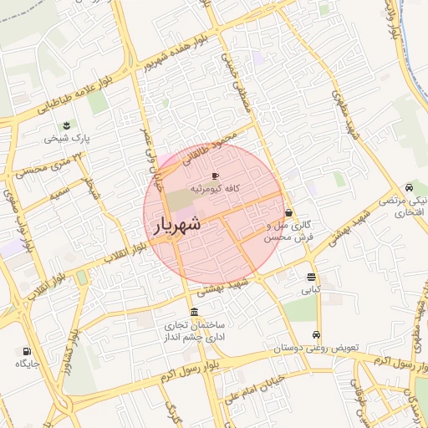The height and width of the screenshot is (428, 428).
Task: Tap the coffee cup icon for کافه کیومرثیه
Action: (x=215, y=176)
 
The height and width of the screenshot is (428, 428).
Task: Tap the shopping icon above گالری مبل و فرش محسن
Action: (x=288, y=212)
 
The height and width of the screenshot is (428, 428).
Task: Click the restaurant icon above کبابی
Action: (x=311, y=278)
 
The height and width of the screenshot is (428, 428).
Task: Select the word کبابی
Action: (x=311, y=291)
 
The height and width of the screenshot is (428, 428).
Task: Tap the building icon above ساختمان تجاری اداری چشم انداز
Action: (x=195, y=311)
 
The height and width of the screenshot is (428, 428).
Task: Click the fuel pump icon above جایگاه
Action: (x=27, y=351)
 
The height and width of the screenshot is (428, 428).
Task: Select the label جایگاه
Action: (x=27, y=364)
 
